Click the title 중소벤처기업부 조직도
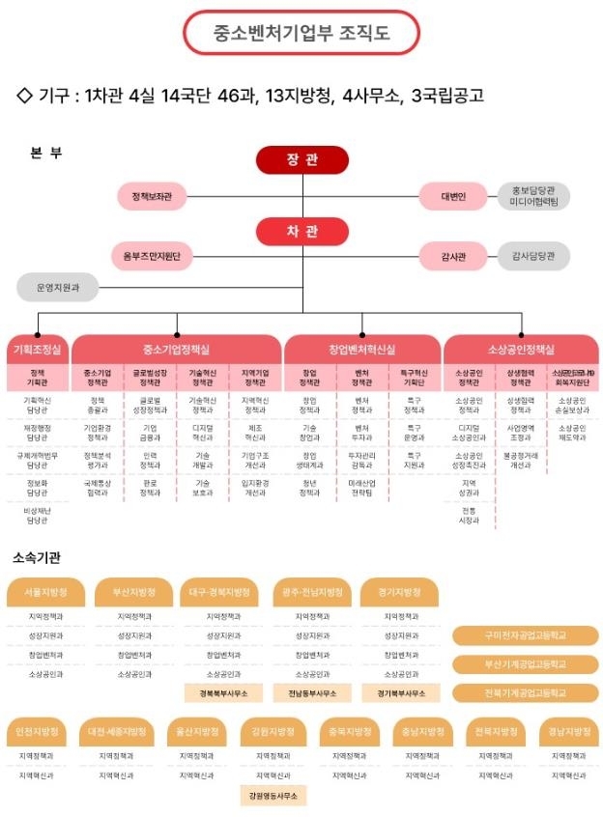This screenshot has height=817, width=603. click(301, 33)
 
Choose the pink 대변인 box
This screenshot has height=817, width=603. click(453, 196)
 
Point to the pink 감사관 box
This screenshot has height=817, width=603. click(453, 256)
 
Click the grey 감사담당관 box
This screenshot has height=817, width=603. click(533, 256)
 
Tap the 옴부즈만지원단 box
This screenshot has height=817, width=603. click(153, 256)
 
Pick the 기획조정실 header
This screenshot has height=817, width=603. click(37, 350)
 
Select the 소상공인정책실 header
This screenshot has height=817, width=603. click(521, 350)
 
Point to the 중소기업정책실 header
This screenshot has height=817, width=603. click(176, 350)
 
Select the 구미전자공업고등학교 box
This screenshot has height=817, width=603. click(525, 634)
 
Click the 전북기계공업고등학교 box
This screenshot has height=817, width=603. click(525, 692)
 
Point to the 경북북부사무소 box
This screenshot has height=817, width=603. click(222, 692)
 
